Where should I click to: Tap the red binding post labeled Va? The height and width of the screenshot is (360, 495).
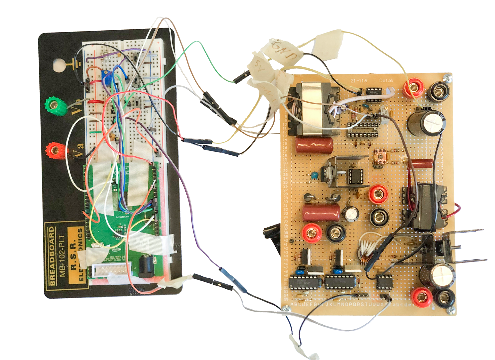coord(55,149)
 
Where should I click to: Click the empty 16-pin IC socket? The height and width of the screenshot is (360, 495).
coord(362,129)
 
